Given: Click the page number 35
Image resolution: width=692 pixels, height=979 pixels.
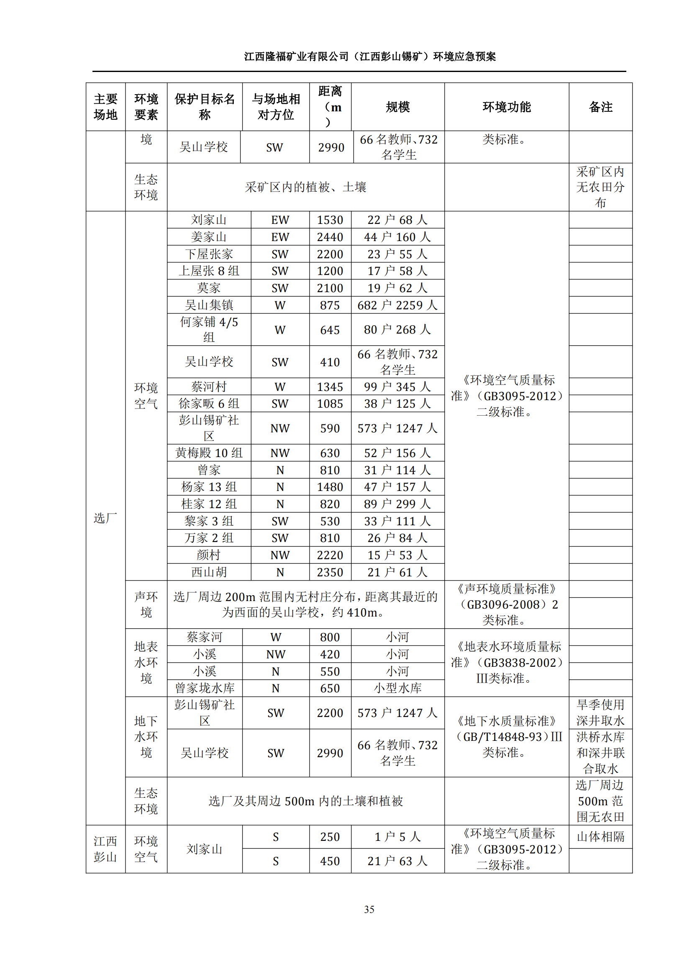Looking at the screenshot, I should (x=369, y=909).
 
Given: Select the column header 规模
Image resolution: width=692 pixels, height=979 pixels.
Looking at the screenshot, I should (x=397, y=107).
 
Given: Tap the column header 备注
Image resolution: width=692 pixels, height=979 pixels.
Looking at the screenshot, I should (x=600, y=107).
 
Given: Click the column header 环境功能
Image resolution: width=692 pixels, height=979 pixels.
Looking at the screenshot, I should (x=506, y=107).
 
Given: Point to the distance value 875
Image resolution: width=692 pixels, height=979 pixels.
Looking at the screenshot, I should (x=330, y=305).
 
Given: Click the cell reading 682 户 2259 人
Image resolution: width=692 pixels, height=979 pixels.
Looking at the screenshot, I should (x=397, y=305).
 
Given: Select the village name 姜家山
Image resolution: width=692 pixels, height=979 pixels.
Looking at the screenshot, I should (x=209, y=237).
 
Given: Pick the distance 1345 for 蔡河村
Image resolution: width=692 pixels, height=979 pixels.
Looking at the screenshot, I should (x=330, y=387).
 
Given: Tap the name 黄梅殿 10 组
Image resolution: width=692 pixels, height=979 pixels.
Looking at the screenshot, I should (x=209, y=453).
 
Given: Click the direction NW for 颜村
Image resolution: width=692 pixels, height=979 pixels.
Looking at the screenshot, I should (x=279, y=555).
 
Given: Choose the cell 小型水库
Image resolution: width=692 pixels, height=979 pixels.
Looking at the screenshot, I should (x=397, y=688).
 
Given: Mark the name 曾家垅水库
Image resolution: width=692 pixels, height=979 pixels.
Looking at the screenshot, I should (x=205, y=688).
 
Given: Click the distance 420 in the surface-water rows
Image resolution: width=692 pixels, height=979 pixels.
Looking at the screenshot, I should (x=330, y=654).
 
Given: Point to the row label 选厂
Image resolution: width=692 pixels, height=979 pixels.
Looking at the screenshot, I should (x=105, y=518).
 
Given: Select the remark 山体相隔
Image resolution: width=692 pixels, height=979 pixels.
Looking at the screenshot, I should (x=600, y=837).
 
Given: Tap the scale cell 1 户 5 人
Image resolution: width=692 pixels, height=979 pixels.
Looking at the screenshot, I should (x=397, y=837).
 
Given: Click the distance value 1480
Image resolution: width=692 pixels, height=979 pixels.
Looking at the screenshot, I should (x=330, y=487).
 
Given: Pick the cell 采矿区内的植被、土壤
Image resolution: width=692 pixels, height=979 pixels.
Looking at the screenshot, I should (x=305, y=187).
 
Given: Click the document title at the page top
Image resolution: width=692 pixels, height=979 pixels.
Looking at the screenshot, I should (x=369, y=56).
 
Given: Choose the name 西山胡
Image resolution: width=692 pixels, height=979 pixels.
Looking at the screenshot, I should (x=209, y=572).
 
